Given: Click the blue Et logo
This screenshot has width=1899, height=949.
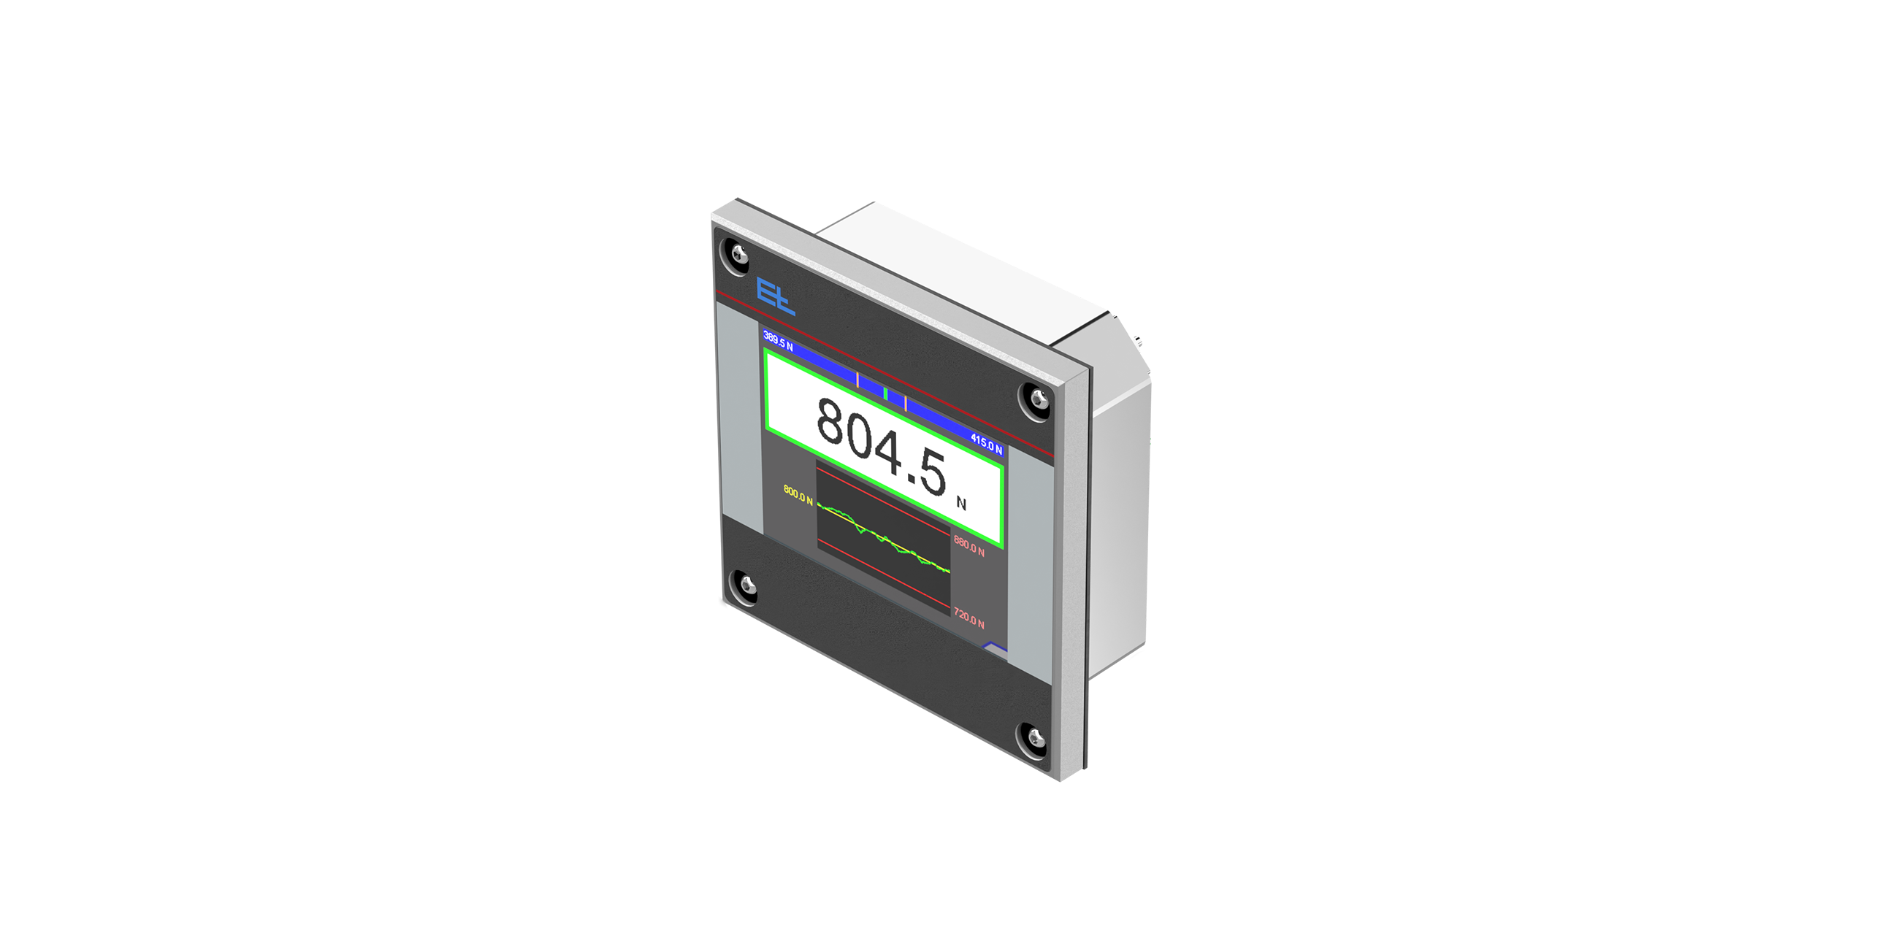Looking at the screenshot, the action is click(x=776, y=297).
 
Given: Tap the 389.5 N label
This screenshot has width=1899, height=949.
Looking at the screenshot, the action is click(x=778, y=341).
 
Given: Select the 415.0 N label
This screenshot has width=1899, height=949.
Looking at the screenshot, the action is click(x=986, y=445).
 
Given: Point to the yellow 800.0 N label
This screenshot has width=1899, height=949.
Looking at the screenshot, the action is click(x=798, y=495).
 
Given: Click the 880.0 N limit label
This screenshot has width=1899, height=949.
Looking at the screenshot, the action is click(x=968, y=546).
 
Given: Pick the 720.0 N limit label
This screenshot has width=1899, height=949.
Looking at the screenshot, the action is click(x=968, y=618).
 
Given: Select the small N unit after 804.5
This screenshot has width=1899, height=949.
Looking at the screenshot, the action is click(x=960, y=503).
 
